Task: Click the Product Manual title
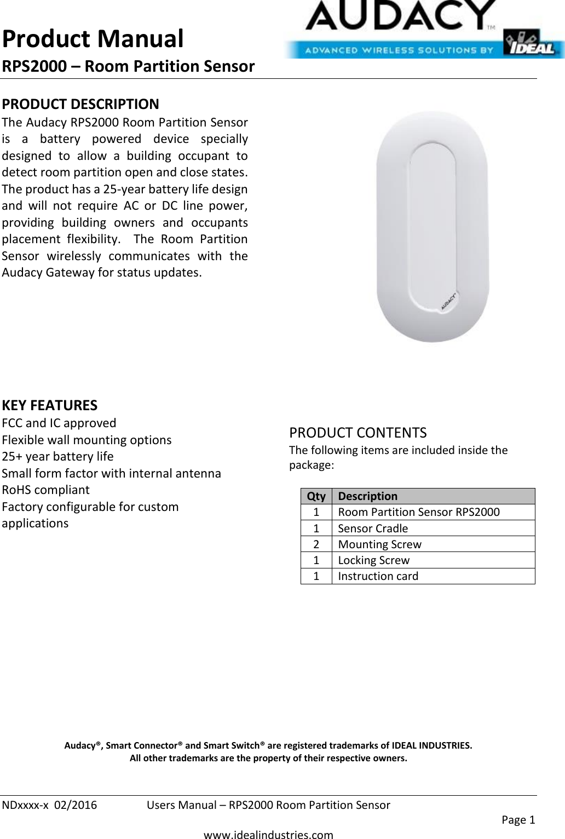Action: pos(93,39)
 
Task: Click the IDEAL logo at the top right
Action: pos(533,43)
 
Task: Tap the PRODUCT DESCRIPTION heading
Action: pos(80,104)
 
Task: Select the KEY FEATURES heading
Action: pos(50,406)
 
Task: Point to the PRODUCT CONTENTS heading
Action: pos(358,433)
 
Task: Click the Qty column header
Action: pos(316,496)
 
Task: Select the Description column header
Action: pos(367,496)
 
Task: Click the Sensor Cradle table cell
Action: pos(373,528)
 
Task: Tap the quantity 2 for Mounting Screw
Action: pos(316,544)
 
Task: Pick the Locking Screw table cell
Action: pos(373,560)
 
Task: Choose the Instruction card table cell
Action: pos(378,576)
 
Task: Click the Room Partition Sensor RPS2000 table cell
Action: pos(418,512)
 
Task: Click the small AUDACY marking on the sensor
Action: pos(449,302)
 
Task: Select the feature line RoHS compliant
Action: pos(46,490)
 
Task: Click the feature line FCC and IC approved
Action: pos(59,423)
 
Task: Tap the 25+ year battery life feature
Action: pos(58,456)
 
